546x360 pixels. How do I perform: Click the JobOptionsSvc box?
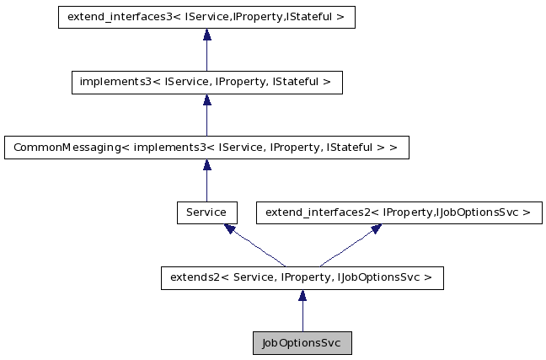(302, 343)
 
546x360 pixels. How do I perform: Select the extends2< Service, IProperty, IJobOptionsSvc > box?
(302, 277)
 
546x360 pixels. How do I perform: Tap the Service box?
(206, 212)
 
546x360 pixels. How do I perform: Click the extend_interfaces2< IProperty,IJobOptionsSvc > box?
(399, 212)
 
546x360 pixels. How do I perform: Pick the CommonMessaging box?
(206, 148)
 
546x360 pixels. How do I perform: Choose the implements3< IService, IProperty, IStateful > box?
(206, 82)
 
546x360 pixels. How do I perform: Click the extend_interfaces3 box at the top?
(206, 17)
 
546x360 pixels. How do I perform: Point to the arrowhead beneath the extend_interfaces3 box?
(206, 35)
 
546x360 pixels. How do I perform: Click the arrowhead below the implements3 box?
(206, 99)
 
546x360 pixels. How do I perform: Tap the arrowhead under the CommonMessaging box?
(206, 165)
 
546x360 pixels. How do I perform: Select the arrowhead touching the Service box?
(230, 228)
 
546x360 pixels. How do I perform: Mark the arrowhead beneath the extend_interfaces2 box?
(375, 228)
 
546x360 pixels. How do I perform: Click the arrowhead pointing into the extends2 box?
(302, 295)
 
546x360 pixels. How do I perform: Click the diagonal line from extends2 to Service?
(257, 248)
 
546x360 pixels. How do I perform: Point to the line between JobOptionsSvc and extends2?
(302, 317)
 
